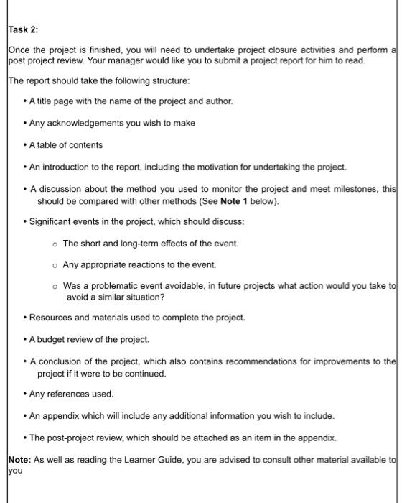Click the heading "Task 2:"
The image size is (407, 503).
point(24,29)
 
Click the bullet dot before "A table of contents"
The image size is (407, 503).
point(24,145)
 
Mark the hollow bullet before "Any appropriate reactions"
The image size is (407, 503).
point(55,265)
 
